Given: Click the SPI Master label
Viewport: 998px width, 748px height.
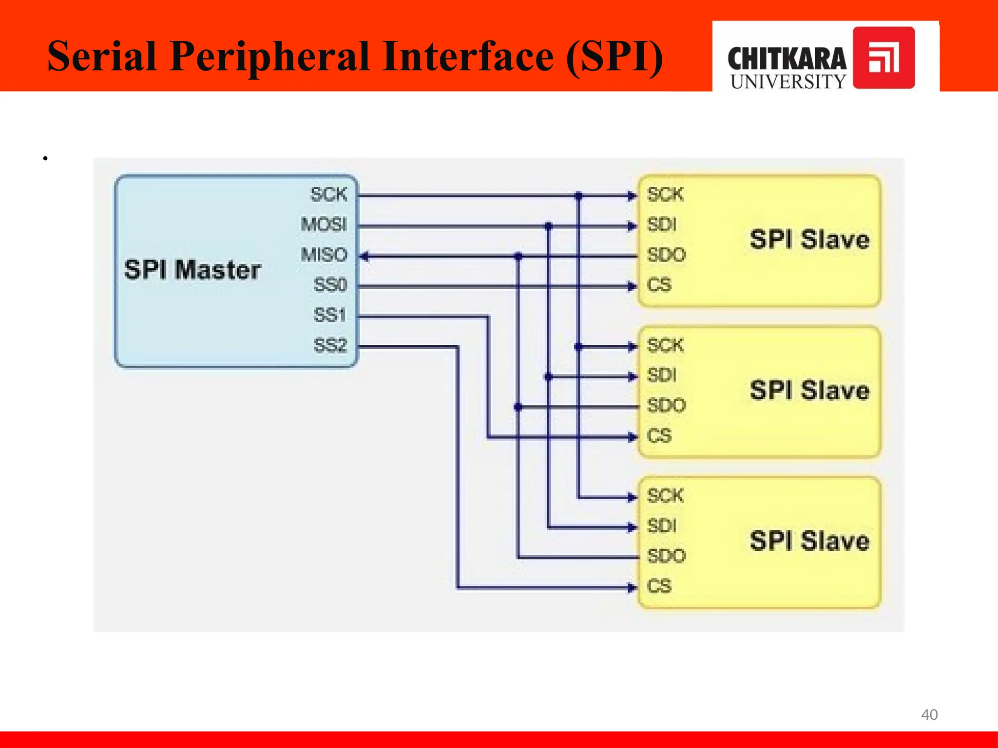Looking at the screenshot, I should point(192,270).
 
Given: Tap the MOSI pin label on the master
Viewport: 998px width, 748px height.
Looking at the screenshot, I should point(324,224).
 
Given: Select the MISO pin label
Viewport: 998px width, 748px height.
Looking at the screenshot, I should point(324,255).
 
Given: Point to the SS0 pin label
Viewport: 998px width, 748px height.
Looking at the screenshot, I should point(330,285).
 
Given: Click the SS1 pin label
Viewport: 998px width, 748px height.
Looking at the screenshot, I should point(330,315).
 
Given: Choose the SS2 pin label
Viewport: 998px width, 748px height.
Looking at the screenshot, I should point(330,345).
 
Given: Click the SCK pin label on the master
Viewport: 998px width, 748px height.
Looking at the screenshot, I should point(329,194).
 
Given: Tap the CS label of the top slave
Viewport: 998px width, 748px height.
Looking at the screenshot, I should point(659,285).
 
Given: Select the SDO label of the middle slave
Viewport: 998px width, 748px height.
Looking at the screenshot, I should point(666,405).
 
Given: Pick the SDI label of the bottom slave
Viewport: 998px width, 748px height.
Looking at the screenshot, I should point(662,526).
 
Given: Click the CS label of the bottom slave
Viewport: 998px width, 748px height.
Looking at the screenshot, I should point(659,586).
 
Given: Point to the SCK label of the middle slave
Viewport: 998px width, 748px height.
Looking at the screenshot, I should point(665,345).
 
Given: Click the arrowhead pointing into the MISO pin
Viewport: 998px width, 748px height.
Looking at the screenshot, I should point(364,256).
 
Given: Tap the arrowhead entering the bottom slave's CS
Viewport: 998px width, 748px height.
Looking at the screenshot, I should point(632,588).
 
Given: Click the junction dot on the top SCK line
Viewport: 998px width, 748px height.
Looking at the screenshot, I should point(578,196).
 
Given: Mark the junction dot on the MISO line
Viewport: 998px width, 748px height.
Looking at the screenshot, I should point(518,256).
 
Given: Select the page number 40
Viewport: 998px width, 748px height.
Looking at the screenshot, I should point(929,714).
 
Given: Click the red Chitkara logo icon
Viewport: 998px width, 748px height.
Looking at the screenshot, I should point(883,57).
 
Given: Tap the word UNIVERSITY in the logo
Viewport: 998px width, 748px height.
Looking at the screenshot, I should point(788,82).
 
